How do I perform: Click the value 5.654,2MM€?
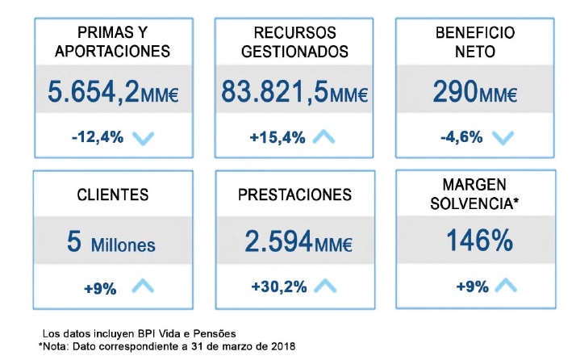click(112, 91)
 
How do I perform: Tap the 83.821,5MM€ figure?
click(294, 91)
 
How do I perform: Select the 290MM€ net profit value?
click(474, 91)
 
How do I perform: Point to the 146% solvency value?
click(474, 241)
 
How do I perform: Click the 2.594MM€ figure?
click(294, 241)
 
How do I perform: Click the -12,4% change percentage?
click(97, 136)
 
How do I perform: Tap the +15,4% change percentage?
click(278, 136)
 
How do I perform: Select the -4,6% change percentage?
click(462, 136)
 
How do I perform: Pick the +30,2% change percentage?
click(278, 286)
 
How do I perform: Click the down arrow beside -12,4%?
click(143, 137)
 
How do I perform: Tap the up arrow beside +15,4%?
click(323, 136)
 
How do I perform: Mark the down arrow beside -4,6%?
click(503, 137)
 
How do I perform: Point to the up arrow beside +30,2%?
click(324, 285)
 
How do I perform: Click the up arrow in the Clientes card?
click(142, 285)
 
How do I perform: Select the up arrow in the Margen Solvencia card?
click(505, 285)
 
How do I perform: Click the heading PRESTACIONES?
click(294, 195)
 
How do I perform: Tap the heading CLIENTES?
click(112, 195)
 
